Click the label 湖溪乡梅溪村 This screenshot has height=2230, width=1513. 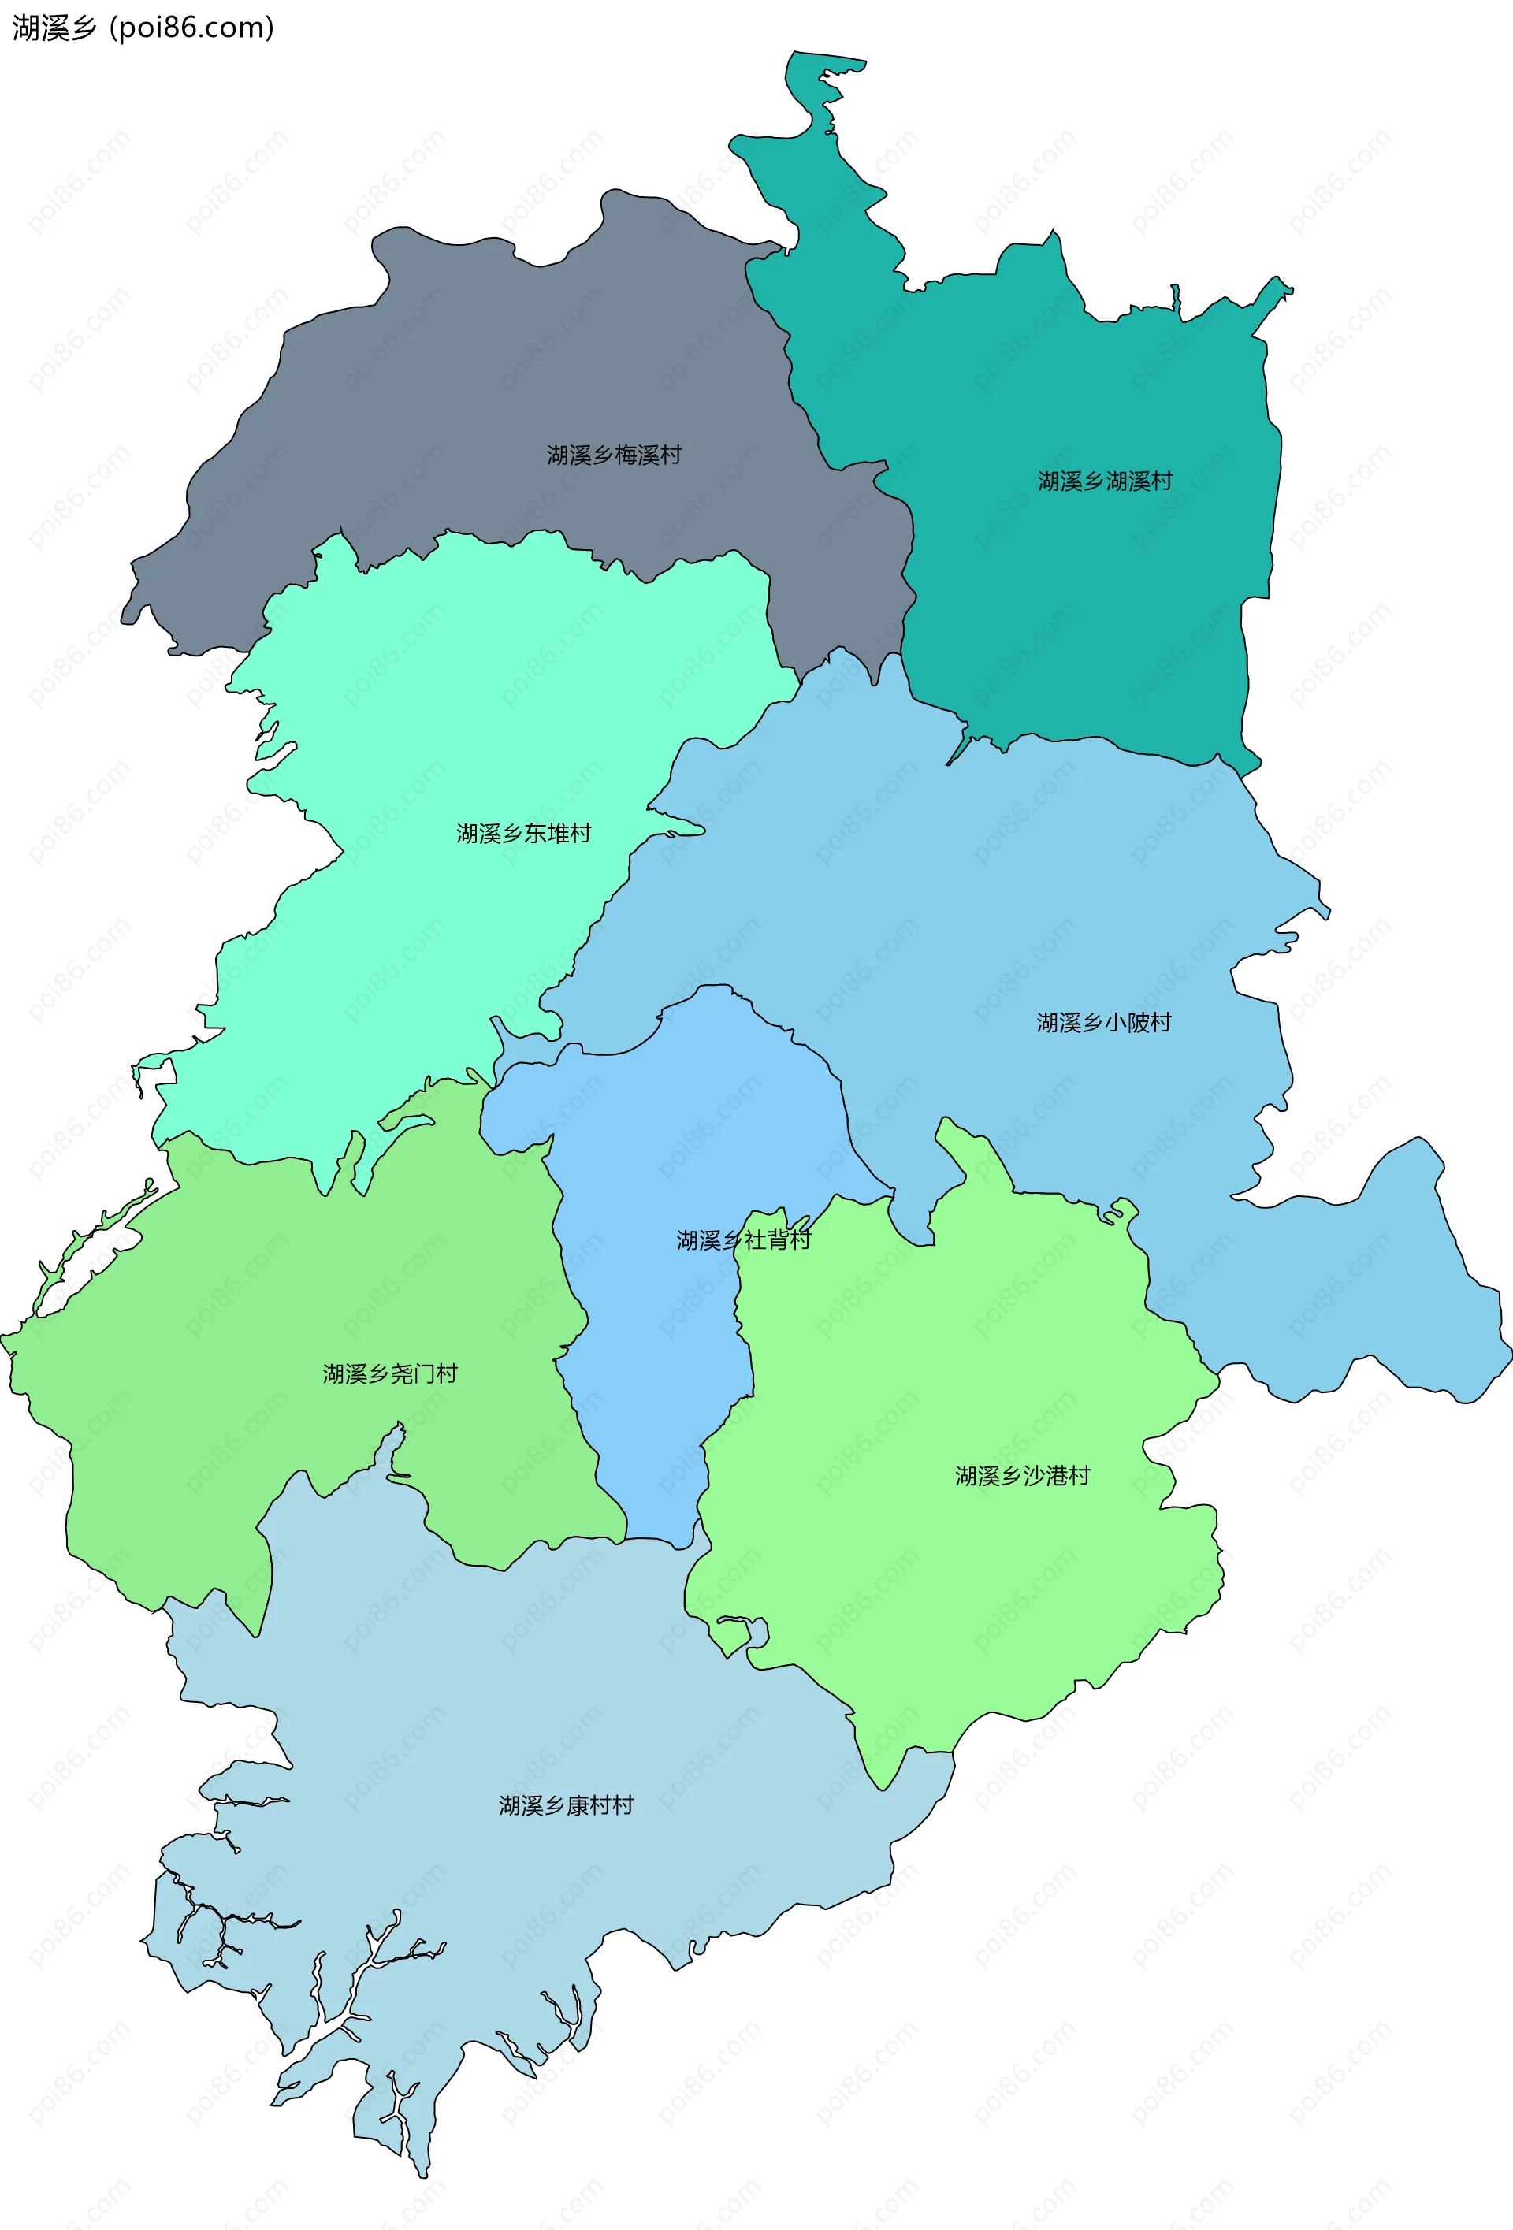(614, 455)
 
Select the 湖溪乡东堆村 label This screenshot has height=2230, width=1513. (523, 833)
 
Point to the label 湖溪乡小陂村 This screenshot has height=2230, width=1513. (1103, 1022)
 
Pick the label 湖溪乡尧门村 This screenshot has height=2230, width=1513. (389, 1373)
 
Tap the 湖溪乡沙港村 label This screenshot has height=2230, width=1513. (1022, 1475)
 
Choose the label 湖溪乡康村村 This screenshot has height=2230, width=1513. (565, 1805)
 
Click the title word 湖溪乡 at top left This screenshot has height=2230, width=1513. (54, 28)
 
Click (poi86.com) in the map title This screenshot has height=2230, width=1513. (192, 28)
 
